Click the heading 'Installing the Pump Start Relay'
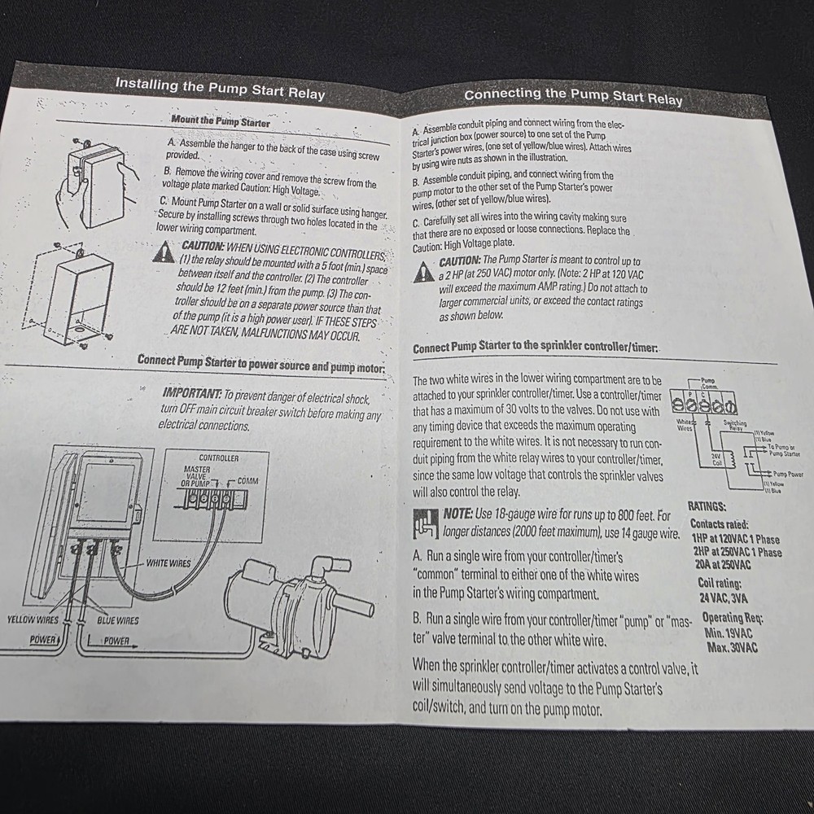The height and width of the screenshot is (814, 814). [x=220, y=88]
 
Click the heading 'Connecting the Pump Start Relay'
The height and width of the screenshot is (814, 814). [x=573, y=96]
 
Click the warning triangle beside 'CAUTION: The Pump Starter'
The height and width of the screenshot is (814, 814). [x=423, y=272]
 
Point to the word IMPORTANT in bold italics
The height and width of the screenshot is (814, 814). [x=192, y=394]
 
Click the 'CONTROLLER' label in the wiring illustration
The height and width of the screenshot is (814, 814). [x=219, y=458]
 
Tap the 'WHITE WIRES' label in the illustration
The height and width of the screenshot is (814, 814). [x=169, y=562]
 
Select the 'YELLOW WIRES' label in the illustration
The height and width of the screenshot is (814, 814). [x=33, y=620]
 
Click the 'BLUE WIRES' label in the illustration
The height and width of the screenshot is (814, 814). [x=118, y=620]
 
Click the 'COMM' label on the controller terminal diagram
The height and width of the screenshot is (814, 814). [x=247, y=481]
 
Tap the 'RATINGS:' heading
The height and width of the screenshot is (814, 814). [x=707, y=505]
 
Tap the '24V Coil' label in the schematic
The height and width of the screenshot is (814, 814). [x=717, y=461]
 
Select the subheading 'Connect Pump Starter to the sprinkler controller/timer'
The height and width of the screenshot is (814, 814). [x=535, y=347]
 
